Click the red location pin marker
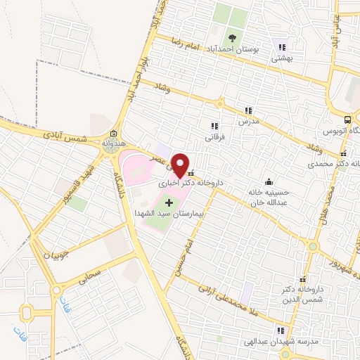point(181,164)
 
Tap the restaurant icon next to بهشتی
point(281,48)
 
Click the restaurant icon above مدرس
point(248,110)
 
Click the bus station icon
point(349,120)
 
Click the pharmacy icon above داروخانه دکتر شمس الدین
point(303,279)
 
